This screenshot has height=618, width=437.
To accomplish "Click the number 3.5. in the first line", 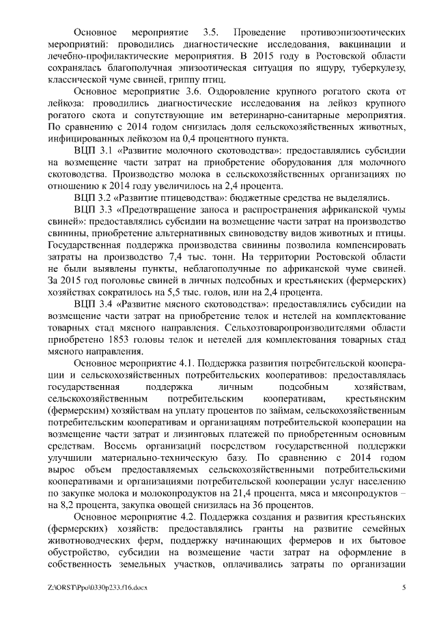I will point(213,33).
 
